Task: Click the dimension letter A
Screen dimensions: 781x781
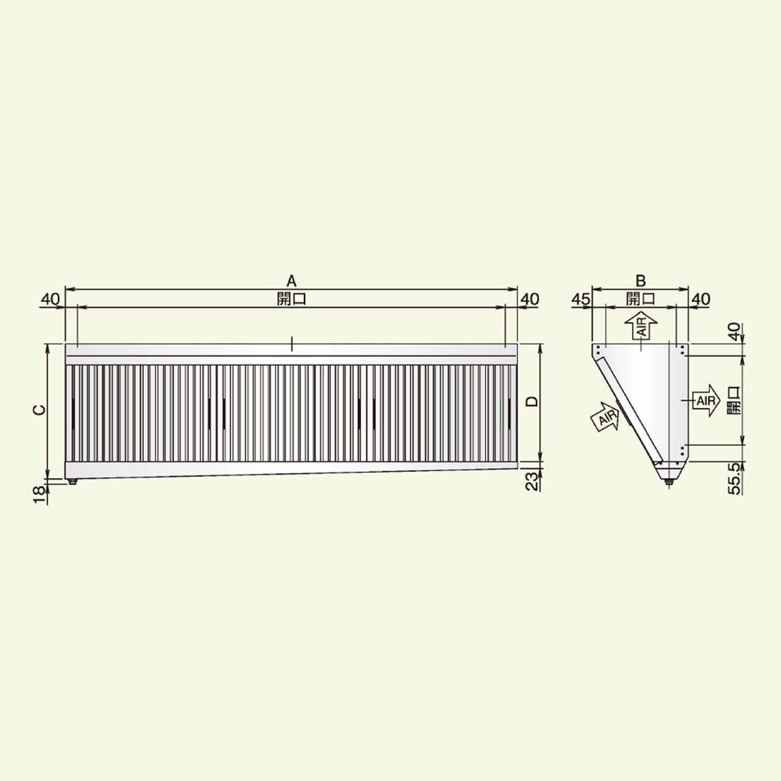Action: (292, 281)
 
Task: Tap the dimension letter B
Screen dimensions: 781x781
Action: (640, 281)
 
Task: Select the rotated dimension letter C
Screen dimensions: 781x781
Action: (39, 410)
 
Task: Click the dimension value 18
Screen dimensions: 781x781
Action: (39, 495)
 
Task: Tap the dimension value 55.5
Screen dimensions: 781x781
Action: (734, 478)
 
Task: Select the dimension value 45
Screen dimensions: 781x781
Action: (581, 299)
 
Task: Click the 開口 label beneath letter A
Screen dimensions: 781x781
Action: (292, 299)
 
